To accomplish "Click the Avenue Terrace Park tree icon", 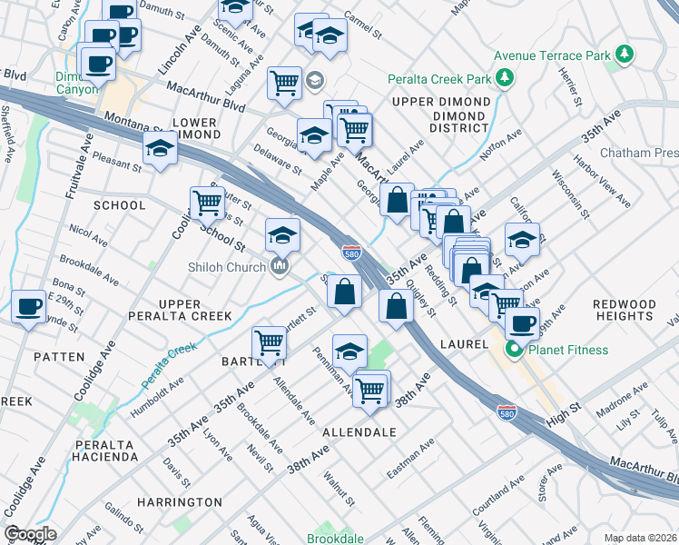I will pos(624,55).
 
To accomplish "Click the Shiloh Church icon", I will pos(280,266).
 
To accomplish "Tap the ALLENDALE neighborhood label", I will pos(359,432).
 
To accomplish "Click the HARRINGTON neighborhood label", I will pos(179,501).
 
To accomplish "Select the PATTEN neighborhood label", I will pos(59,357).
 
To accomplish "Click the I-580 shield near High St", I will pos(508,413).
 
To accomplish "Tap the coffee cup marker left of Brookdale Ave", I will pos(28,307).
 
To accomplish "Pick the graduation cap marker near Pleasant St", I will pos(160,148).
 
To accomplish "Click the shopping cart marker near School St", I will pos(207,203).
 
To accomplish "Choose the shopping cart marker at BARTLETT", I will pos(270,343).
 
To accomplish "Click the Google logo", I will pos(30,534).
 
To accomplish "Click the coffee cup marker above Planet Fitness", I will pos(522,323).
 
